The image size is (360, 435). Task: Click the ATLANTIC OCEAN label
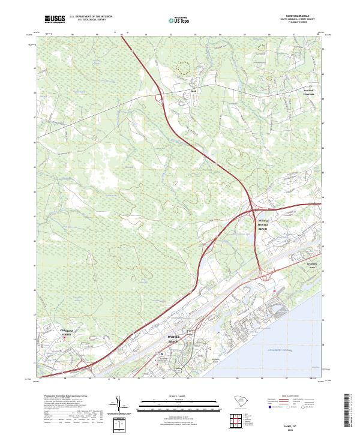tap(275, 347)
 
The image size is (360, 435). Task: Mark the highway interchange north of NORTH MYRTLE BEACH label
tap(253, 208)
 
